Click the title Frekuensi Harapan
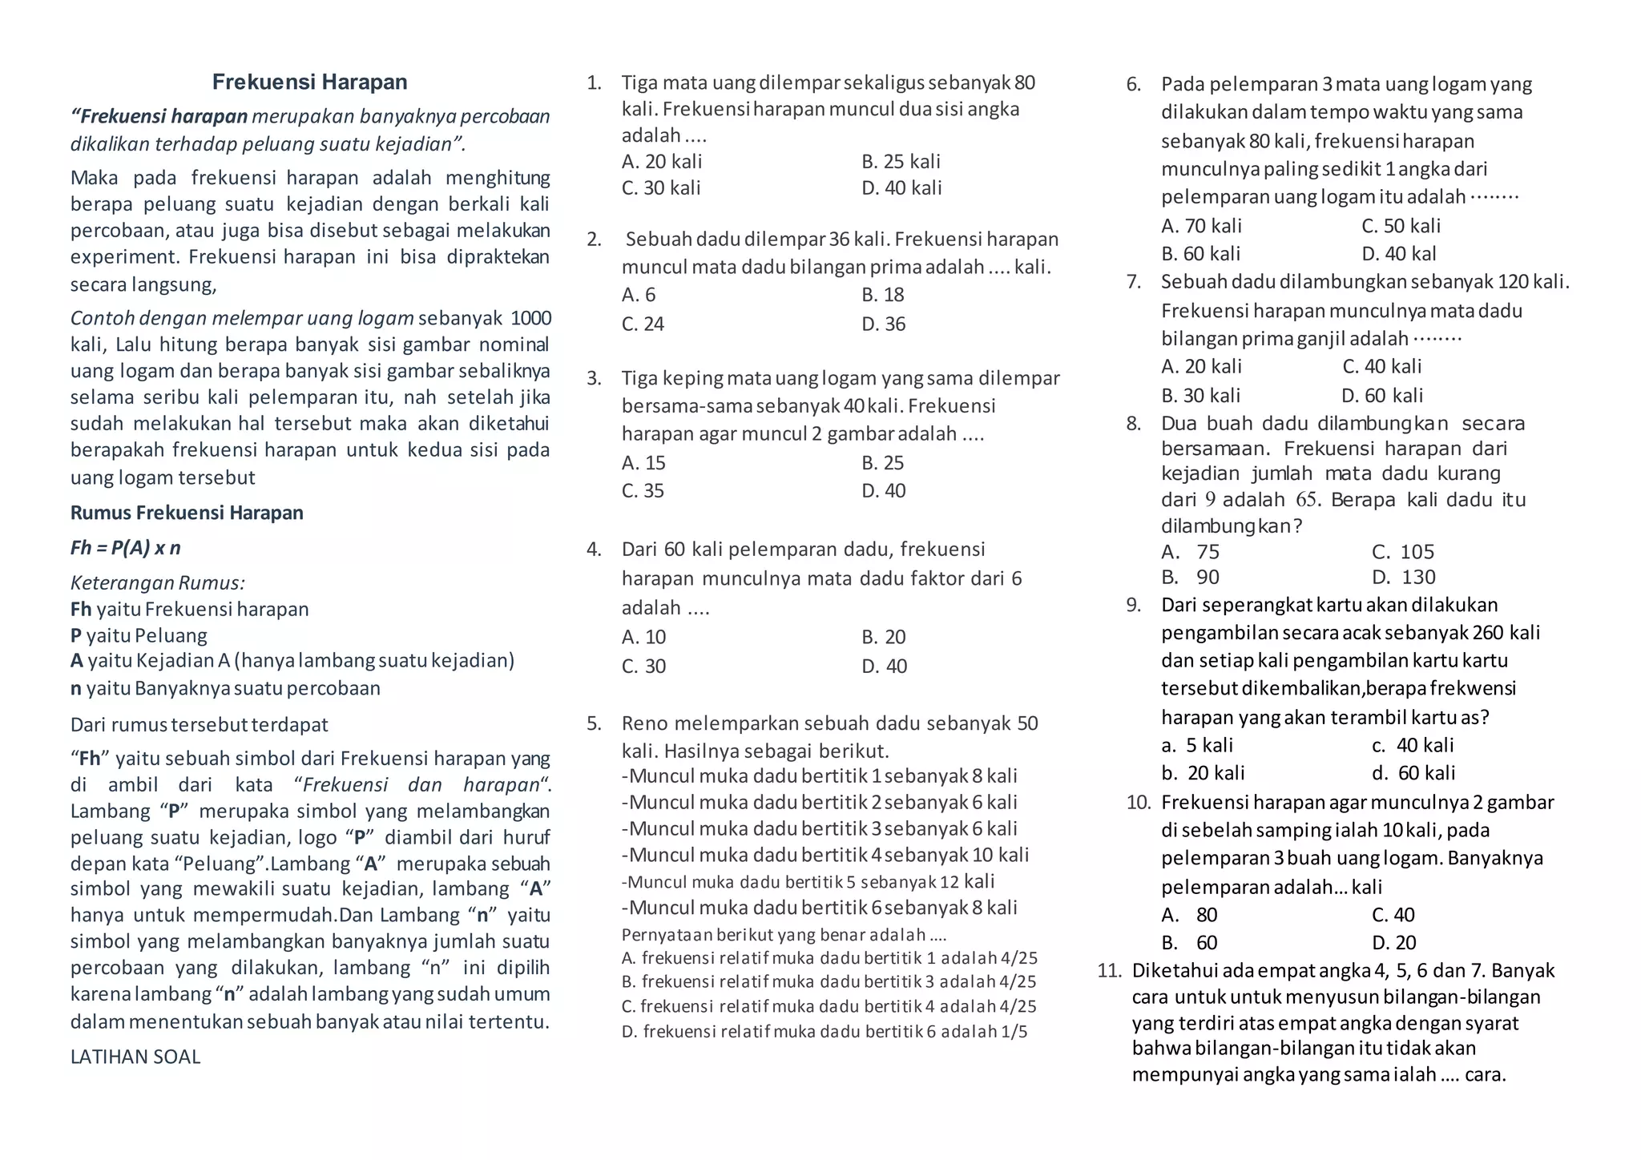[309, 82]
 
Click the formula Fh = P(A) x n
[126, 548]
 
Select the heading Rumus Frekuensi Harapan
[187, 513]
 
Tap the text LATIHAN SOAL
[135, 1057]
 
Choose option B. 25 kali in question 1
[901, 162]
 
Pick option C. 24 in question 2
[643, 324]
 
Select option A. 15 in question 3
[643, 463]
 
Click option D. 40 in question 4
[884, 667]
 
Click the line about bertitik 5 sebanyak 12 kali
[808, 882]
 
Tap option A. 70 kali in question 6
[1201, 226]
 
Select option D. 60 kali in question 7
[1382, 396]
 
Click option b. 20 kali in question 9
[1203, 773]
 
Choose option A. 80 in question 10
[1189, 915]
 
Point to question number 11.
[1110, 971]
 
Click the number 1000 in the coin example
[530, 319]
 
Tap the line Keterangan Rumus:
[158, 582]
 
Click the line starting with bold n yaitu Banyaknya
[225, 688]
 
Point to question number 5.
[594, 724]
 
